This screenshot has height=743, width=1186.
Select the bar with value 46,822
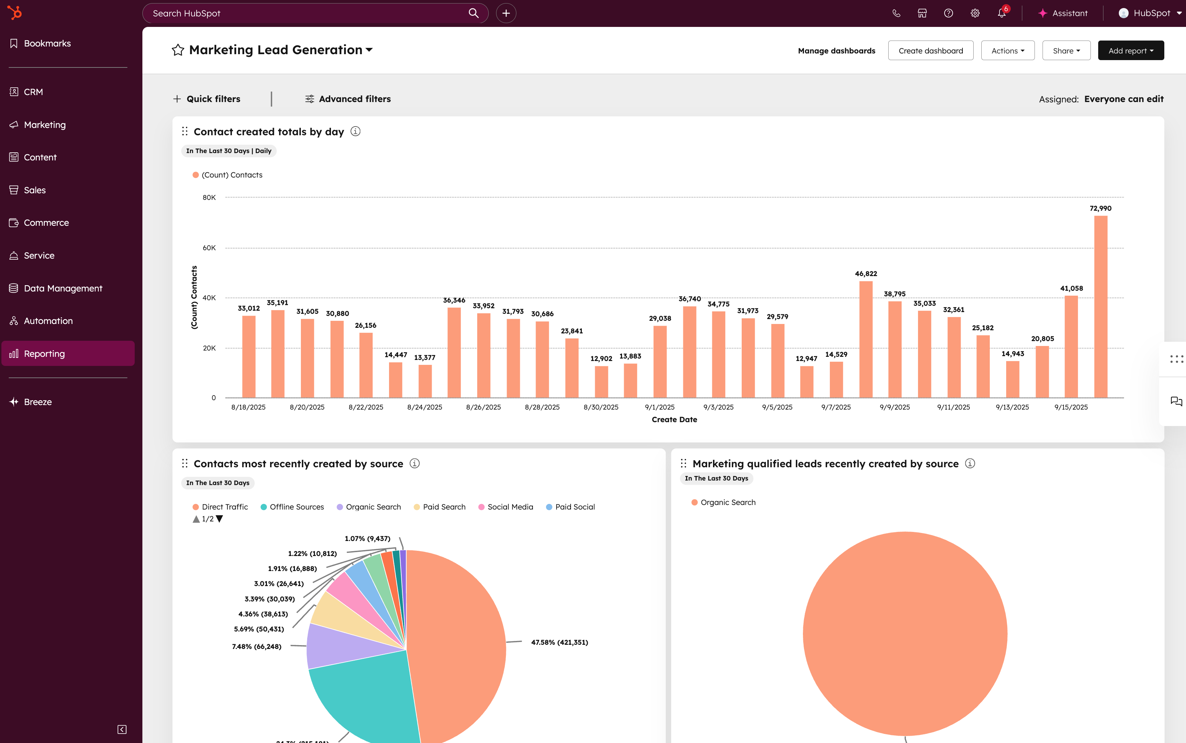pos(866,339)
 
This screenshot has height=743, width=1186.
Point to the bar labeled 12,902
pos(601,382)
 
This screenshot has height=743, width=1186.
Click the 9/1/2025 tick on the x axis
pos(660,407)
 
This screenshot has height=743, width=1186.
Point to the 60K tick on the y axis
pos(209,248)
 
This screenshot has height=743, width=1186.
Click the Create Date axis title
pos(674,419)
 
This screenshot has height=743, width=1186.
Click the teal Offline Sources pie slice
pos(364,698)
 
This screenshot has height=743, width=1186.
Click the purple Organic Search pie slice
pos(334,646)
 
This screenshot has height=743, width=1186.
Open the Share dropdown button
pos(1066,51)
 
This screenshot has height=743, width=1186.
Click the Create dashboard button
pos(930,51)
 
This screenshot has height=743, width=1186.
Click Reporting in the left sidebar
pos(44,353)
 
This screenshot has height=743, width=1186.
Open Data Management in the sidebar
pos(63,288)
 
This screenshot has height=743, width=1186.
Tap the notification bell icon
pos(1001,13)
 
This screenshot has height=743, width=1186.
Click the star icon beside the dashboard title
pos(178,50)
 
